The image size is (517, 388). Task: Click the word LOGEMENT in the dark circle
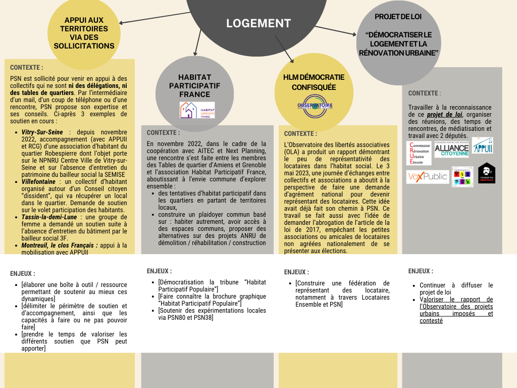click(x=258, y=23)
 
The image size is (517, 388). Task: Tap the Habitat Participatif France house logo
click(x=197, y=110)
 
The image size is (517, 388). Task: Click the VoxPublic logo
click(x=427, y=177)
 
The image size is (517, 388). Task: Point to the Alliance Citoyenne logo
click(x=451, y=149)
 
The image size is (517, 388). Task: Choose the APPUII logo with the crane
click(x=482, y=145)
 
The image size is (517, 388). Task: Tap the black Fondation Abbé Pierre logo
click(x=486, y=173)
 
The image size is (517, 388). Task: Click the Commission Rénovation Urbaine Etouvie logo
click(x=419, y=153)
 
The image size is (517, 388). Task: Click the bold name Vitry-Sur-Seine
click(x=42, y=132)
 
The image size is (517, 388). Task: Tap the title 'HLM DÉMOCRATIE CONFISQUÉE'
click(x=314, y=82)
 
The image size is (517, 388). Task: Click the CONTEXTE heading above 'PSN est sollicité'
click(x=26, y=67)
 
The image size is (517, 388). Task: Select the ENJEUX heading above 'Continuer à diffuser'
click(x=420, y=271)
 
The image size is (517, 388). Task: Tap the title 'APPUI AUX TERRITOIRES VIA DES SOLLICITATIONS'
click(x=84, y=33)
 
